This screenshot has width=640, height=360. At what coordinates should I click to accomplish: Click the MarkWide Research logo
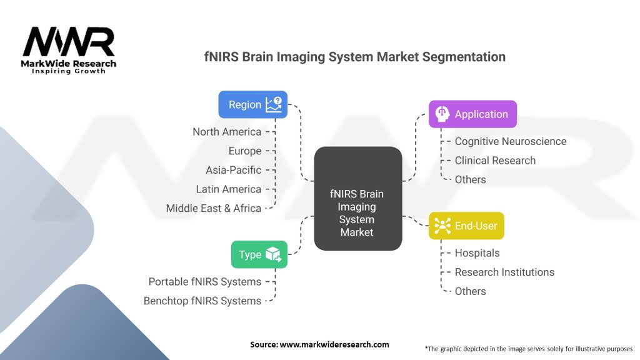[69, 50]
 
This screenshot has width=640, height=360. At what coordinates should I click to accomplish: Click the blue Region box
[252, 104]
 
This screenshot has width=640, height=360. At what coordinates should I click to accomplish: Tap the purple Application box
[472, 114]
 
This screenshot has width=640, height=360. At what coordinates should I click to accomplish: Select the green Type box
[259, 254]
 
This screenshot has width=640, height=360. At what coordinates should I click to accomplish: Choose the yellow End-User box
[466, 226]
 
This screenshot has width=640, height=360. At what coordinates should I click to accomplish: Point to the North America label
[227, 132]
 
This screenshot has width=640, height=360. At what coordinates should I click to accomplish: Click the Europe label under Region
[244, 151]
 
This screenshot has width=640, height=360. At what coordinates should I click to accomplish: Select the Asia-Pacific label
[233, 170]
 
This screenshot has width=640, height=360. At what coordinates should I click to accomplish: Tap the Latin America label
[228, 189]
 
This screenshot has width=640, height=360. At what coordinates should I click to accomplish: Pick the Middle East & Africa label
[214, 209]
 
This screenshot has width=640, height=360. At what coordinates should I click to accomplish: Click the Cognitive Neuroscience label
[510, 141]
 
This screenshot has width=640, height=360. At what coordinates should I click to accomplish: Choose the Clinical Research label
[495, 161]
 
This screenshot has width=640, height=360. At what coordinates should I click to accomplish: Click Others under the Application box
[470, 180]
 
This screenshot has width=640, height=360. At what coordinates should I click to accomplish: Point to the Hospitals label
[477, 253]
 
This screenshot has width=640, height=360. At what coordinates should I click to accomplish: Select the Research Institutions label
[504, 272]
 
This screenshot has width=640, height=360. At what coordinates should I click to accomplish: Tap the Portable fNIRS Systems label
[204, 282]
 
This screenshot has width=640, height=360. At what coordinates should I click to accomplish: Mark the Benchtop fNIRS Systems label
[202, 301]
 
